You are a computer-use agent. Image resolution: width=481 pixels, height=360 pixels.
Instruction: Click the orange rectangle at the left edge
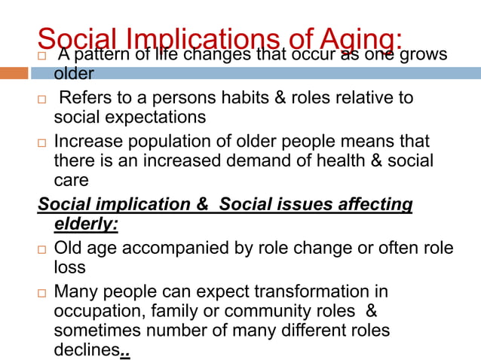pos(14,73)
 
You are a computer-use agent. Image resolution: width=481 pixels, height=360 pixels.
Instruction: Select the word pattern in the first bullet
pos(99,54)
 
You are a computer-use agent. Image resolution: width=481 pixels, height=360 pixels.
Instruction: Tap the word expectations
pos(156,117)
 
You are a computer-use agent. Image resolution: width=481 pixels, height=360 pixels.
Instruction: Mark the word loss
pos(69,267)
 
